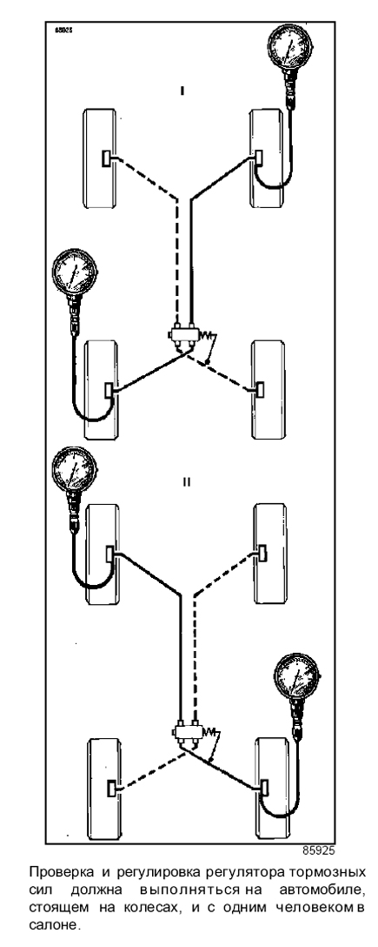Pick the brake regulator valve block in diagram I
coord(183,336)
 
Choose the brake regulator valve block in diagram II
coord(188,729)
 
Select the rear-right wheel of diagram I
coord(268,390)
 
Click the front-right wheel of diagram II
coord(268,554)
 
